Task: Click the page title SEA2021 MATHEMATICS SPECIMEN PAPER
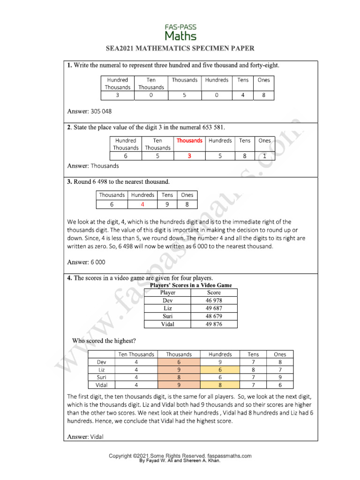tap(180, 49)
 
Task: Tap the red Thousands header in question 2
tap(189, 141)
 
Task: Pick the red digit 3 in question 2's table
tap(189, 156)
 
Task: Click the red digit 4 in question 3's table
tap(142, 204)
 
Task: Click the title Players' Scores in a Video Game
tap(190, 285)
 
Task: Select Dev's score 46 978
tap(214, 300)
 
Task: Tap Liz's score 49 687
tap(214, 308)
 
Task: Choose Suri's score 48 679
tap(214, 316)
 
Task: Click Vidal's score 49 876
tap(214, 324)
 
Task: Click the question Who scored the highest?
tap(104, 340)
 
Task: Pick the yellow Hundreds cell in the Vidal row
tap(220, 385)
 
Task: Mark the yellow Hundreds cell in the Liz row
tap(220, 370)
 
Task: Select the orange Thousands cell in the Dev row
tap(179, 362)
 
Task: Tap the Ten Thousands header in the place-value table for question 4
tap(136, 354)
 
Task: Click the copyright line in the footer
tap(180, 456)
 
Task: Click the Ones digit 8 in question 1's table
tap(263, 96)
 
